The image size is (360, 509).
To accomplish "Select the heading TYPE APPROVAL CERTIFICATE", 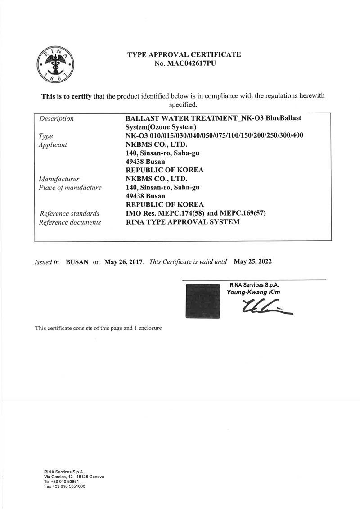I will click(x=184, y=54).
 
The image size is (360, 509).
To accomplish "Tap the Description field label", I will click(x=57, y=119).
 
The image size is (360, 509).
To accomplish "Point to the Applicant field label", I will click(x=53, y=144).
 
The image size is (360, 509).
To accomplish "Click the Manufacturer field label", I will click(x=59, y=179).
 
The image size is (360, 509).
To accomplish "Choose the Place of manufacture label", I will click(x=70, y=187).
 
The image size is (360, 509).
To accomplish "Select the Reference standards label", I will click(x=70, y=213).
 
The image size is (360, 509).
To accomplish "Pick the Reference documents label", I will click(x=70, y=222).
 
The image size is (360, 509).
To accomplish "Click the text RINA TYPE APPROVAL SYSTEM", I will click(x=182, y=222).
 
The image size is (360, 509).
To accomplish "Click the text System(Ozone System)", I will click(x=161, y=127).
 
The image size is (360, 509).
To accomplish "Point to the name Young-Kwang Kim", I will click(x=254, y=292).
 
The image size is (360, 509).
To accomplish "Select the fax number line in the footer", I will click(x=64, y=487).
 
